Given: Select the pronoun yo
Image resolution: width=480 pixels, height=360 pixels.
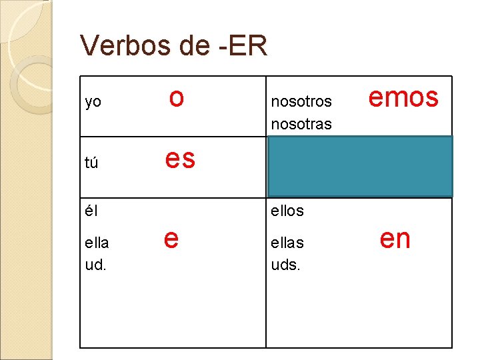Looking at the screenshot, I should coord(93,102).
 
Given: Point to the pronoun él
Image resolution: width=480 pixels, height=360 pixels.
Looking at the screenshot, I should coord(91,211).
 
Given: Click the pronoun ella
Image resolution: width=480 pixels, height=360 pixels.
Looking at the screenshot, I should coord(97,242).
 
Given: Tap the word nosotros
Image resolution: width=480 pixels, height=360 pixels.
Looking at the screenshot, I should coord(301,102).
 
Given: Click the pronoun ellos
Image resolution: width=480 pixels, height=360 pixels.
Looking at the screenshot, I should coord(287,211).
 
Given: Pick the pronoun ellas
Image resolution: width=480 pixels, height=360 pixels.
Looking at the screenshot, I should coord(287,242).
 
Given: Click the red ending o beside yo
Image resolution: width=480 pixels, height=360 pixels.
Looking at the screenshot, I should coord(176,98).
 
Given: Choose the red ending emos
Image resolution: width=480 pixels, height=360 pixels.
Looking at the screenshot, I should coord(403,98).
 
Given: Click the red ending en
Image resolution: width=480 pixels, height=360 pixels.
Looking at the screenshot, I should coord(395,239).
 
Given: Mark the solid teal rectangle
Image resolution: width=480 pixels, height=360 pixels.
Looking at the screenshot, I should coord(360,167).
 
